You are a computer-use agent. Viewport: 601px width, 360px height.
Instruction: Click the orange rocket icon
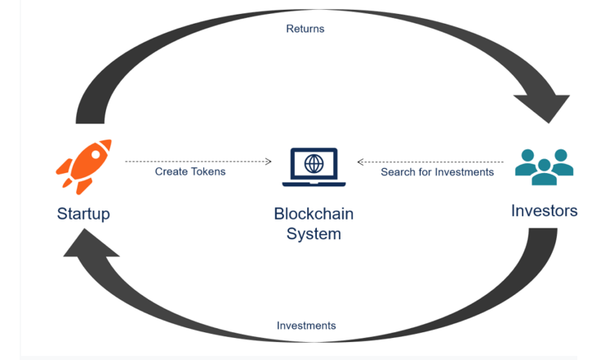point(83,167)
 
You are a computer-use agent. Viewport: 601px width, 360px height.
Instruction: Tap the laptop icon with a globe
point(314,167)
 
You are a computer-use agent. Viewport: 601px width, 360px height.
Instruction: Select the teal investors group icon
point(544,167)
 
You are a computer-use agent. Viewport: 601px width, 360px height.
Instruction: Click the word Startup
point(83,214)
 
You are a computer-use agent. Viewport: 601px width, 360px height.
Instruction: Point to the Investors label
point(544,211)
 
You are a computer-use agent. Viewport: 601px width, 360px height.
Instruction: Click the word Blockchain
point(314,215)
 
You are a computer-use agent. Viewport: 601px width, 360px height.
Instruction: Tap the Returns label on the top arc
point(305,29)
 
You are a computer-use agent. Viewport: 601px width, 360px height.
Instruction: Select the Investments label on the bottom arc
point(306,325)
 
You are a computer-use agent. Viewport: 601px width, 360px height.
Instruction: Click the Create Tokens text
point(190,171)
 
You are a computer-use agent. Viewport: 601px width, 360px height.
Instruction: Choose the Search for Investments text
point(437,172)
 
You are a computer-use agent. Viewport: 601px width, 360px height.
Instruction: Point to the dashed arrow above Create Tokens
point(198,162)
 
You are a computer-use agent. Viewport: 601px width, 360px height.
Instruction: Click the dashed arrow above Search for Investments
point(430,162)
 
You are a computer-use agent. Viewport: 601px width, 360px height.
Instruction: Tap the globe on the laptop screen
point(314,162)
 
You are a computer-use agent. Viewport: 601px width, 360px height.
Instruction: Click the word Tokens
point(207,171)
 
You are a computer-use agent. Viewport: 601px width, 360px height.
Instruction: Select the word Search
point(397,172)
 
